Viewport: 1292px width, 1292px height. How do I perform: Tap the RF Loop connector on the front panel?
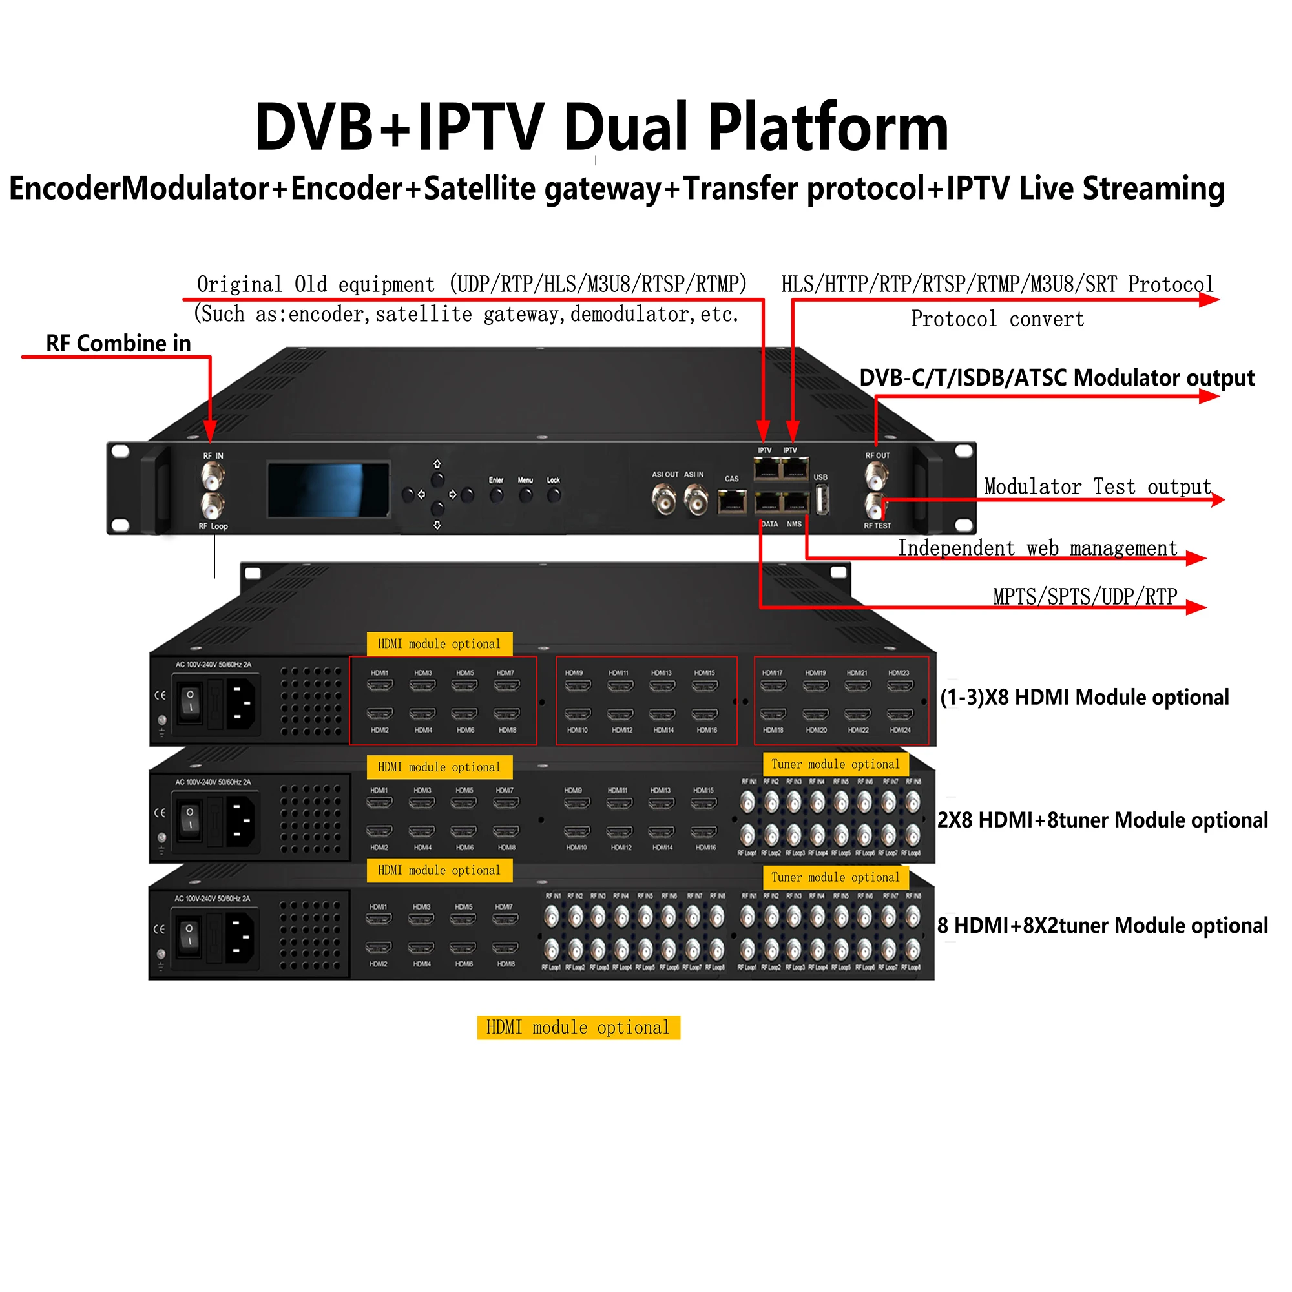(x=213, y=507)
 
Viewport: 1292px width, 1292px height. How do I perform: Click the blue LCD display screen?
(x=328, y=490)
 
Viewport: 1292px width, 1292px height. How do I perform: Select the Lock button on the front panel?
(x=554, y=495)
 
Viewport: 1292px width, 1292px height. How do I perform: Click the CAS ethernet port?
(x=733, y=501)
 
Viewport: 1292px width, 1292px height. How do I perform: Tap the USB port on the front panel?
(x=822, y=499)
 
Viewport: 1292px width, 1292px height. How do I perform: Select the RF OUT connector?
(x=876, y=477)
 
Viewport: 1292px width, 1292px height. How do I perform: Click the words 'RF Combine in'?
(x=118, y=344)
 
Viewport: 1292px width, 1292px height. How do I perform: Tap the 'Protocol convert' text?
(x=997, y=319)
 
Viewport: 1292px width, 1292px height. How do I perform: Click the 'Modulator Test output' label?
(x=1098, y=486)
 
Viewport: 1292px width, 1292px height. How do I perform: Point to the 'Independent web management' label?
(x=1037, y=548)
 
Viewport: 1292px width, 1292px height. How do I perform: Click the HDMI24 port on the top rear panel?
(x=899, y=714)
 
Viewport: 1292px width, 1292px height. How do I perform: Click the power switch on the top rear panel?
(x=191, y=702)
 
